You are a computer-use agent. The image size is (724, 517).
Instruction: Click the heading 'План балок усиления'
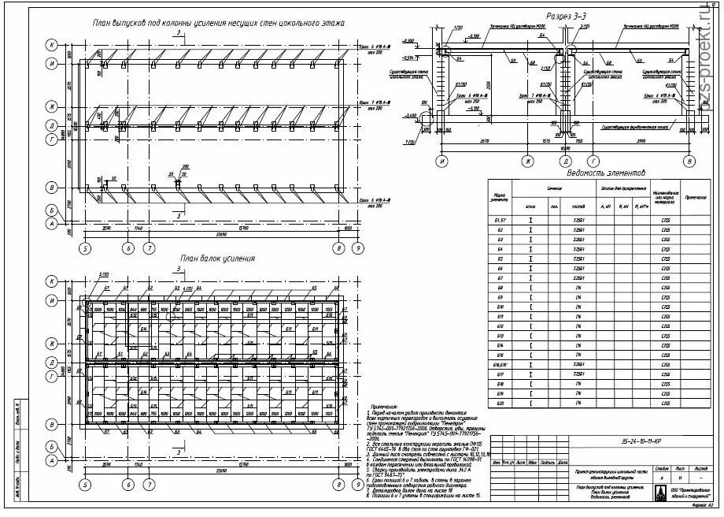(x=217, y=258)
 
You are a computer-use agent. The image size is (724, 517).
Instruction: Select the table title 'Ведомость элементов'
(x=604, y=173)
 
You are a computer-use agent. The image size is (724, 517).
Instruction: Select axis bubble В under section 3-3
(x=690, y=162)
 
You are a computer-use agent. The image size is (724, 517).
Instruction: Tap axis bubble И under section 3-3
(x=443, y=162)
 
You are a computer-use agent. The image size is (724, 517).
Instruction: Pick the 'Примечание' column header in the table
(x=696, y=196)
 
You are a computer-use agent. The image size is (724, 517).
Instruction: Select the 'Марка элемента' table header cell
(x=499, y=196)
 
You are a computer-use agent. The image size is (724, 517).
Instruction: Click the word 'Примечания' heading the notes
(x=383, y=408)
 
